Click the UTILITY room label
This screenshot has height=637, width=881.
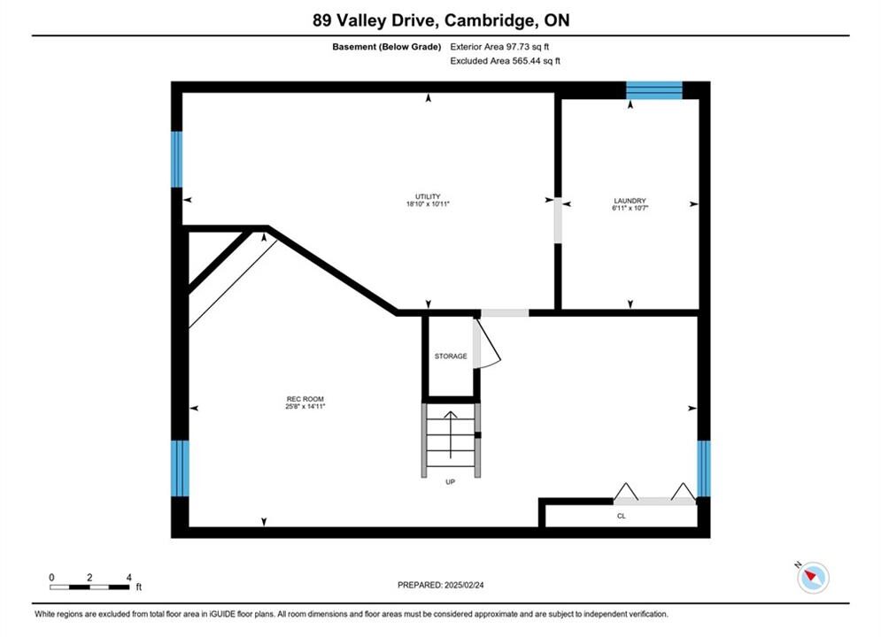(428, 196)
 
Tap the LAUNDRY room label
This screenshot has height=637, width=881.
(630, 200)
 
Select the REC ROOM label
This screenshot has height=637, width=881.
(305, 399)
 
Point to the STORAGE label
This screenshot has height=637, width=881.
(451, 356)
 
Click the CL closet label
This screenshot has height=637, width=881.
(621, 516)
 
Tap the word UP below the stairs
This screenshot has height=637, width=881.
(450, 481)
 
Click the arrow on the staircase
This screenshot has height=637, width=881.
(451, 434)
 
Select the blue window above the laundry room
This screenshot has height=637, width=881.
(654, 90)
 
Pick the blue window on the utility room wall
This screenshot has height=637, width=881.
(176, 159)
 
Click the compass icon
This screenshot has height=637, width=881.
(813, 577)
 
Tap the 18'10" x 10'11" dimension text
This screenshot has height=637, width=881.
(428, 204)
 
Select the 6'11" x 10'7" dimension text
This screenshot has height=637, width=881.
(630, 208)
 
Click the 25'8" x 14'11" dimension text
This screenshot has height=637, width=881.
(305, 406)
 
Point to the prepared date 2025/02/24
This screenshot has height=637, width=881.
(464, 585)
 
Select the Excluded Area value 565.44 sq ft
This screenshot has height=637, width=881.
(536, 61)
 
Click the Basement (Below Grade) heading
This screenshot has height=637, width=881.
(387, 47)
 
